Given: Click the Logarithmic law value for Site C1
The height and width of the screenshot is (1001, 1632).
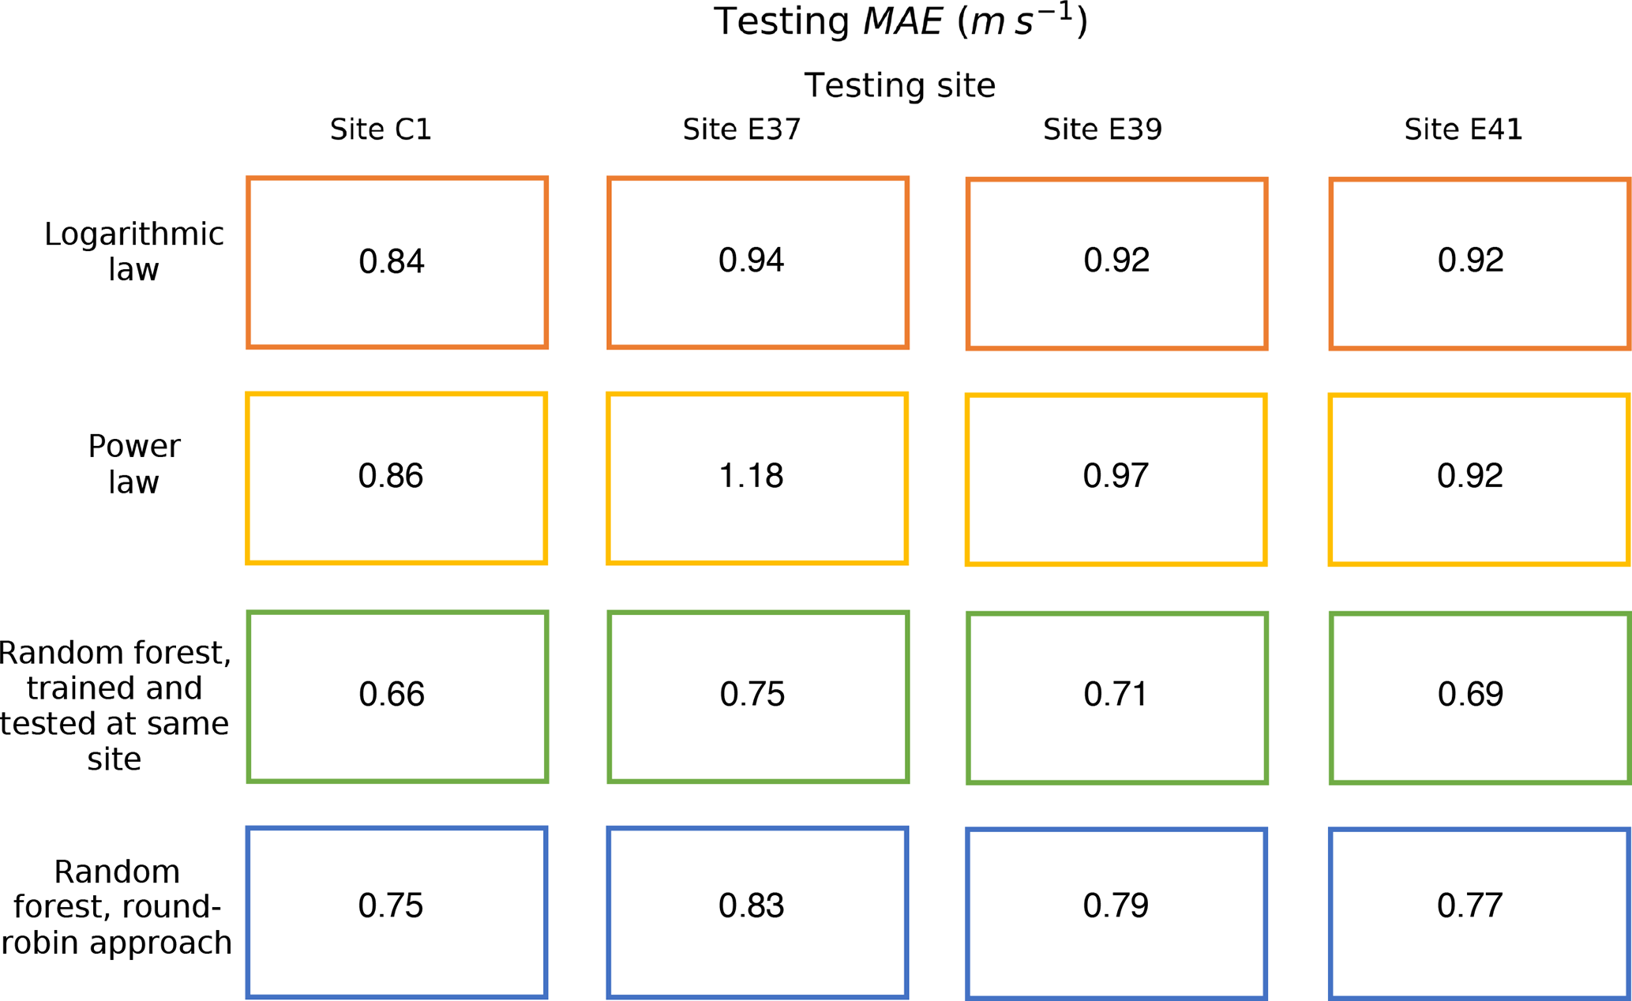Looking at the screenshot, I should [392, 261].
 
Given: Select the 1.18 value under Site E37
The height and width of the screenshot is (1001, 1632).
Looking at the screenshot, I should [751, 476].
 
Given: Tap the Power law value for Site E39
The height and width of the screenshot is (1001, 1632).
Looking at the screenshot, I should [1116, 476].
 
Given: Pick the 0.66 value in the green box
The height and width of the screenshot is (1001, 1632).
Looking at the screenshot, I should [392, 694].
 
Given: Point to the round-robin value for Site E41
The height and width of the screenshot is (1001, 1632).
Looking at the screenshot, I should [1469, 905].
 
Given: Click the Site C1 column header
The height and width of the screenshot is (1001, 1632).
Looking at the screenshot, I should [381, 129].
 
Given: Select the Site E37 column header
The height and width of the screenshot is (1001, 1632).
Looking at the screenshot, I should [741, 129].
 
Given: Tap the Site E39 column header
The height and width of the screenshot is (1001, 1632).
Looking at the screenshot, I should [1102, 129].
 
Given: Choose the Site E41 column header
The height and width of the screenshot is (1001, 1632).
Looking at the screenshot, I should [1463, 129].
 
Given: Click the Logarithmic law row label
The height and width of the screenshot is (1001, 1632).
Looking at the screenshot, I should [133, 251].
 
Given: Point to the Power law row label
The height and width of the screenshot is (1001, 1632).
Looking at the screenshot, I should [133, 463].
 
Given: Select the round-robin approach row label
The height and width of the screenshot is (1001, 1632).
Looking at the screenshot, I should [117, 907].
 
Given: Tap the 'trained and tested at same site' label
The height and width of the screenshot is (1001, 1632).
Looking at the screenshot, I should [114, 705].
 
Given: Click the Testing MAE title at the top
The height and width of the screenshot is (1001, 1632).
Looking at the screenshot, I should [900, 22].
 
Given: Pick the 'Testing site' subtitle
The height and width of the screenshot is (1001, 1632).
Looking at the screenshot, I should [899, 85].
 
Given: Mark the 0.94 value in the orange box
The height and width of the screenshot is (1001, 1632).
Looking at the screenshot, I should [751, 260].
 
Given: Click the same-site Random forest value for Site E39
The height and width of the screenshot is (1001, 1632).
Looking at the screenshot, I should [1116, 694].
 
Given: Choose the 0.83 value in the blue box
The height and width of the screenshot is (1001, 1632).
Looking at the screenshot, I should [751, 905].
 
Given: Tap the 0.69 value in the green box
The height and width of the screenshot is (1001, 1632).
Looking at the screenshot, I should [1470, 694].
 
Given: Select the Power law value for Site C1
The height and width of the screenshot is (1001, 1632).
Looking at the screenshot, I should [391, 476].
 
